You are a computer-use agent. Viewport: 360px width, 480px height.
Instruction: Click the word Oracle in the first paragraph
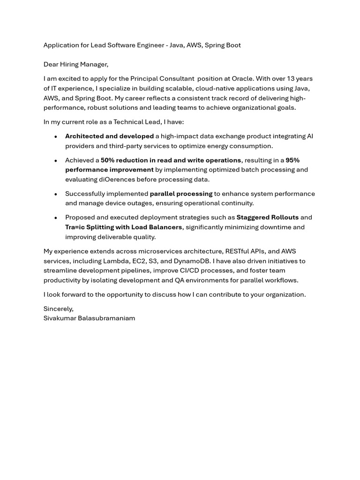point(242,79)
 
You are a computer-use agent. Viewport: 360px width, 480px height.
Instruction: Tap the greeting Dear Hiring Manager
point(76,64)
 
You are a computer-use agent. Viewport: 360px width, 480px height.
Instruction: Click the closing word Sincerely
point(58,309)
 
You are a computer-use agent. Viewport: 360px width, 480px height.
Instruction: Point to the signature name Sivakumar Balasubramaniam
point(89,318)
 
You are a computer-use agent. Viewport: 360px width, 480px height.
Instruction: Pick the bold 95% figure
point(292,160)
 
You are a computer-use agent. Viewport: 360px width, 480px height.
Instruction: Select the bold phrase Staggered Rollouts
point(267,217)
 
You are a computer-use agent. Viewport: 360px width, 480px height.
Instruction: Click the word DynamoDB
point(189,261)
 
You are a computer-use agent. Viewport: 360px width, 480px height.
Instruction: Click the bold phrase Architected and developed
point(109,136)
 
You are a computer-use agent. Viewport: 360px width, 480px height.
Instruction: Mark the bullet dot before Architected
point(56,137)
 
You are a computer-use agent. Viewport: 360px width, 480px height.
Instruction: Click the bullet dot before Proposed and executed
point(56,218)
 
